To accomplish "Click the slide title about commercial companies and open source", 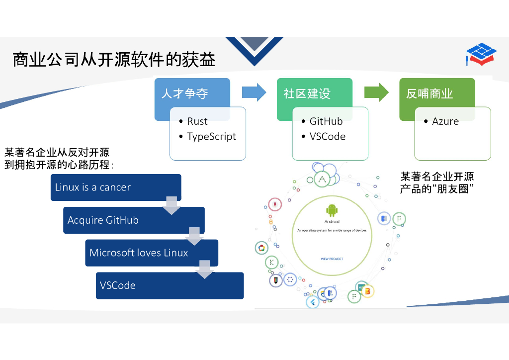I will pos(114,60).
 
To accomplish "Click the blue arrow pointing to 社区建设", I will pos(254,92).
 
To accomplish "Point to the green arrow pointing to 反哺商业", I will pos(376,92).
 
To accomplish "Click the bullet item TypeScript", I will pos(211,137).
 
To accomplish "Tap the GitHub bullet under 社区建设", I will pos(326,121).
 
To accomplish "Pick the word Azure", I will pos(445,121).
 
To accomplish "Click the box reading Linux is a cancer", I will pos(115,187).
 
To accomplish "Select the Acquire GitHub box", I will pos(133,220).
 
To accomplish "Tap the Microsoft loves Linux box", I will pos(151,253).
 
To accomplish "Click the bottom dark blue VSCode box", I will pos(170,285).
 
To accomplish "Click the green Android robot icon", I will pos(332,210).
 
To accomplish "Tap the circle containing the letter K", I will pos(271,262).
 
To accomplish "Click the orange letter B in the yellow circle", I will pos(367,291).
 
